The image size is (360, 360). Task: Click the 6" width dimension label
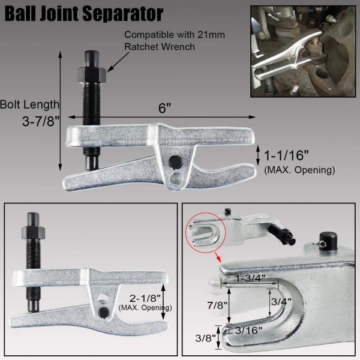pos(166,109)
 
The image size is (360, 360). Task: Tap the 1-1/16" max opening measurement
pos(287,156)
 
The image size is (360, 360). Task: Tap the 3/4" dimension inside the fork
pos(281,301)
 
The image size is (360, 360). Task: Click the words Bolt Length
pos(29,104)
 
